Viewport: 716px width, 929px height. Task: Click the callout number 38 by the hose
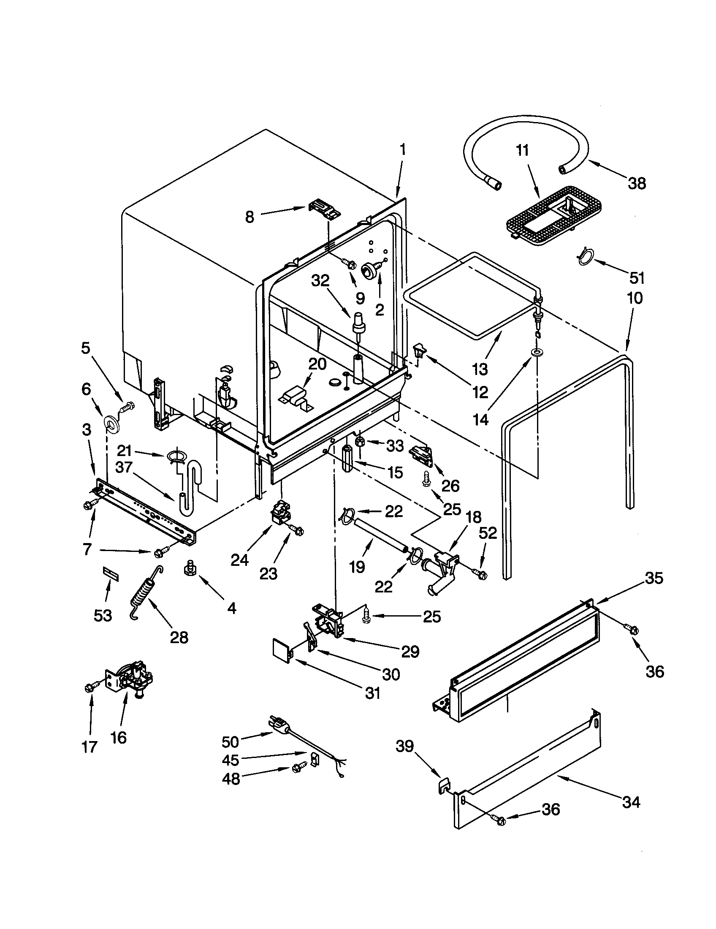(x=637, y=183)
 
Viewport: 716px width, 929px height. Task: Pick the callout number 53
(x=103, y=615)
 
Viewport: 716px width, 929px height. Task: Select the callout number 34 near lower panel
(x=631, y=802)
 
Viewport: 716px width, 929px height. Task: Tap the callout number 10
(x=635, y=298)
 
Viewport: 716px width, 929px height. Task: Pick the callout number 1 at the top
(x=402, y=150)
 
